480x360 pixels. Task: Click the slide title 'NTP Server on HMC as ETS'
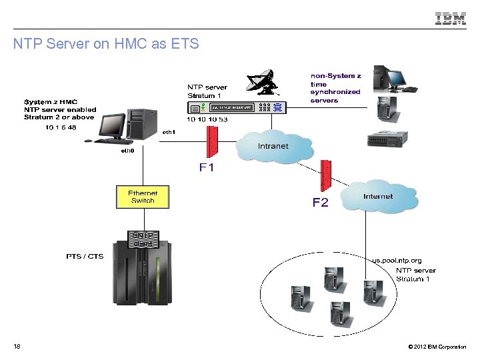click(106, 45)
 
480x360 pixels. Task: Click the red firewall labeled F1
click(213, 141)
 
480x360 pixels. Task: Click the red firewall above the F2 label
click(325, 175)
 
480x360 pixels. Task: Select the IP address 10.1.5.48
click(61, 127)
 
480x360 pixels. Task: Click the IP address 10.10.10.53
click(207, 119)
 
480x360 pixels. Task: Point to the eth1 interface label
click(169, 132)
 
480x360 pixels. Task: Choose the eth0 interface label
click(127, 151)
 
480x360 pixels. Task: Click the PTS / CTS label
click(84, 256)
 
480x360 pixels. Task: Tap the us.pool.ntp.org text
click(396, 260)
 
